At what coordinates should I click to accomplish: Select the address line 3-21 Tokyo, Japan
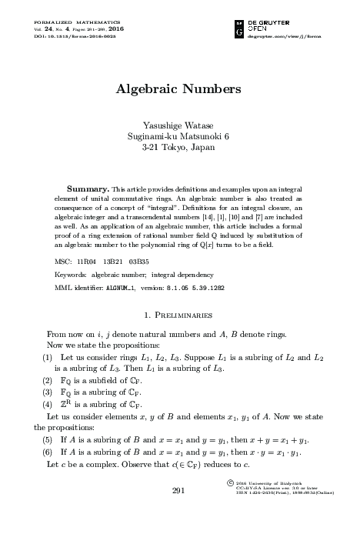(x=178, y=146)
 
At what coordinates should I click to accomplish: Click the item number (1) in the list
(x=48, y=358)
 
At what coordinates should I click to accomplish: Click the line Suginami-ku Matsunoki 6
(x=178, y=135)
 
